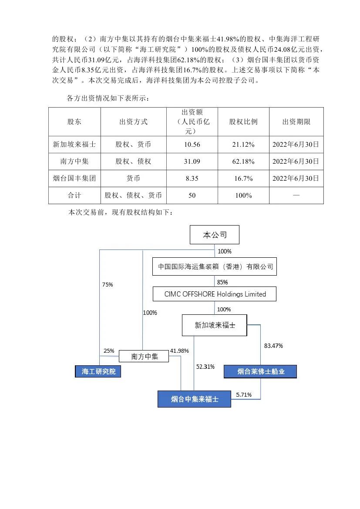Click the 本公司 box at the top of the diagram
(x=215, y=235)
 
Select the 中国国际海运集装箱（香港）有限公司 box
(x=215, y=266)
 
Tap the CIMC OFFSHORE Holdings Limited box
(x=215, y=294)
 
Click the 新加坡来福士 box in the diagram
(x=215, y=325)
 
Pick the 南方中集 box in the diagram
(x=144, y=357)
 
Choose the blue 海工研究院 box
(x=98, y=371)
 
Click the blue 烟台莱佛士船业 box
(x=260, y=371)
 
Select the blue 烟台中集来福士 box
(x=194, y=399)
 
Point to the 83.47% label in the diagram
(x=273, y=346)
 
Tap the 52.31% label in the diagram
(x=205, y=367)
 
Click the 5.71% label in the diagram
(x=244, y=394)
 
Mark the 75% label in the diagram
(x=108, y=284)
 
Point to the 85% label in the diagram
(x=222, y=282)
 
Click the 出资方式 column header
(x=133, y=122)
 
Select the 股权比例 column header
(x=243, y=122)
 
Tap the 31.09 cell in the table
(x=192, y=161)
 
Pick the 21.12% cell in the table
(x=243, y=144)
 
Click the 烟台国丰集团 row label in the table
(x=74, y=178)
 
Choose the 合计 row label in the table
(x=74, y=196)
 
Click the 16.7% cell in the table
(x=243, y=178)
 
